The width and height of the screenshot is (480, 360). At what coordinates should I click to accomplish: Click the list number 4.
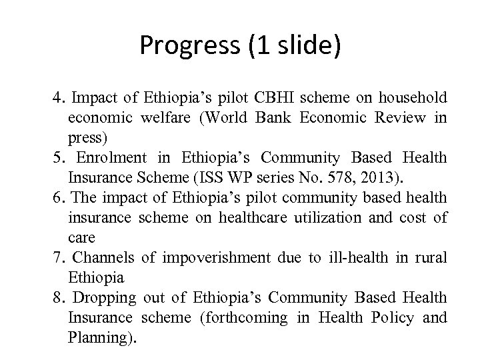[x=57, y=99]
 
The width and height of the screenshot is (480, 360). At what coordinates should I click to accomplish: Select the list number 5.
[x=57, y=158]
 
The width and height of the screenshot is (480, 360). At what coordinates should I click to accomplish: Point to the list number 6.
[x=57, y=198]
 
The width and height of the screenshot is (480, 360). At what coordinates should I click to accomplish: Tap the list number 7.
[x=57, y=257]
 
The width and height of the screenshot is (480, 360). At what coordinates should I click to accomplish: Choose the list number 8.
[x=57, y=297]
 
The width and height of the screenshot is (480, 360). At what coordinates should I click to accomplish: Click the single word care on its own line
[x=81, y=238]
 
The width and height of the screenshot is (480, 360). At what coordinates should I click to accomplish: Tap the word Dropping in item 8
[x=103, y=297]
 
